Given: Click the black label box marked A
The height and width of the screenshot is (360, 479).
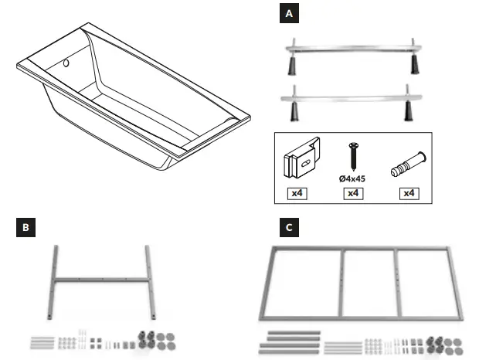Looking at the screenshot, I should point(289,14).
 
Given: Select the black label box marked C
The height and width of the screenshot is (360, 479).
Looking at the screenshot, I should point(288,228).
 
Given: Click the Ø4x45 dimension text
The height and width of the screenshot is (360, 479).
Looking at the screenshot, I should point(352,179).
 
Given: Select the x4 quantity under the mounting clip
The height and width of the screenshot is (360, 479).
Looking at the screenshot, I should point(296,192).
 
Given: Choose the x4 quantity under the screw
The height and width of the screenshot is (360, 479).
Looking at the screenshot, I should point(353,192).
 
